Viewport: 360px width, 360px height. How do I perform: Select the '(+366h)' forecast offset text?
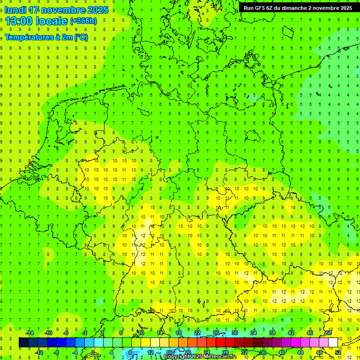click(83, 21)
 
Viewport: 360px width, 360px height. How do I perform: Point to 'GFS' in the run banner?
click(260, 7)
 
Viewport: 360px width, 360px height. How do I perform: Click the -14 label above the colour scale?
click(30, 333)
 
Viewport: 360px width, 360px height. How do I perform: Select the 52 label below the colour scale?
click(338, 352)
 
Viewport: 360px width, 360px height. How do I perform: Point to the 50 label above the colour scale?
click(329, 333)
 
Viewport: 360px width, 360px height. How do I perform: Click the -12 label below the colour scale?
click(39, 352)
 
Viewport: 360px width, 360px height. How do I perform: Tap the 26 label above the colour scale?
click(216, 333)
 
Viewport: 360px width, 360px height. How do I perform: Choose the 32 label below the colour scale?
click(244, 352)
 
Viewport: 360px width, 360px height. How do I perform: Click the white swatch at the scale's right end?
click(333, 343)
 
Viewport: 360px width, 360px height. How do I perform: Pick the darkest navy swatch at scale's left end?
click(23, 343)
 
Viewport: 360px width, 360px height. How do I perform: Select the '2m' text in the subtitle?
click(66, 37)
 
